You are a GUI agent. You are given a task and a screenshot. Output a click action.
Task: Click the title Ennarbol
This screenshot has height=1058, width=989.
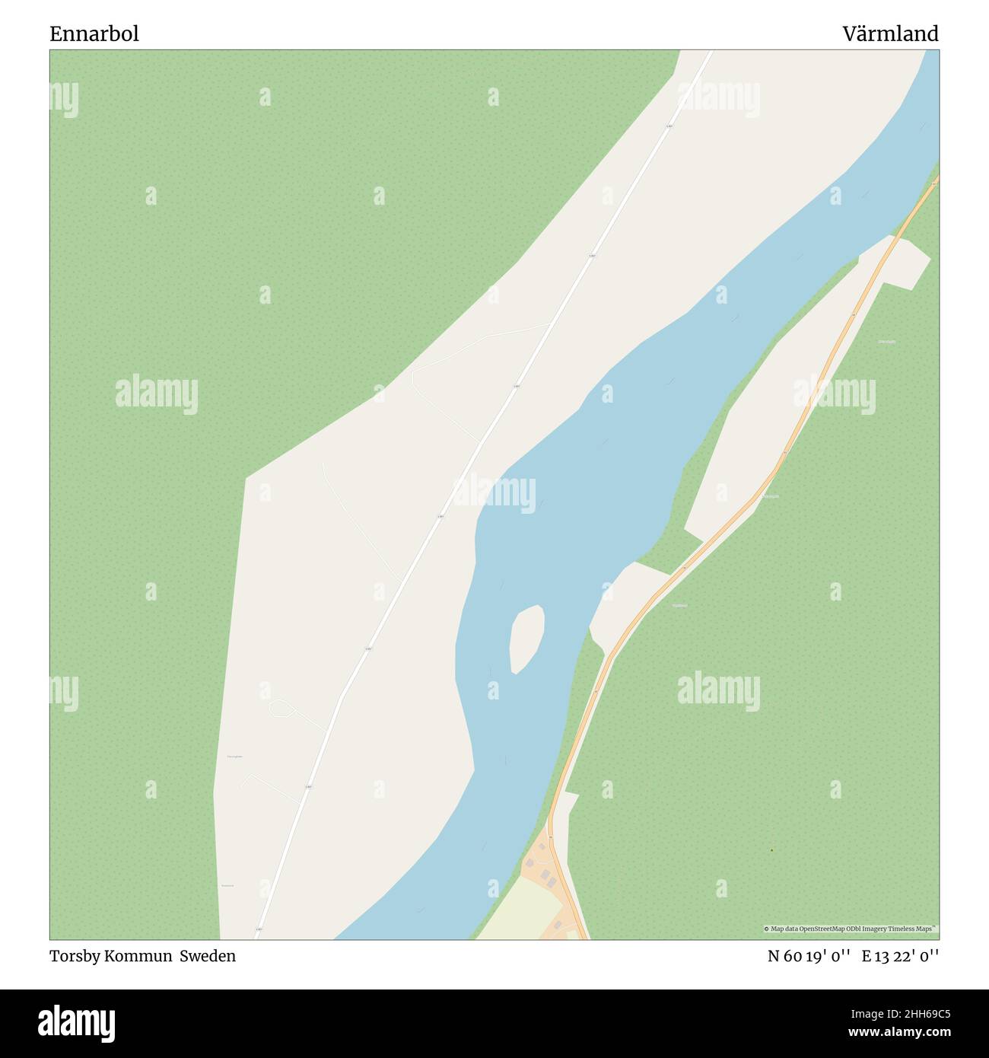(x=94, y=33)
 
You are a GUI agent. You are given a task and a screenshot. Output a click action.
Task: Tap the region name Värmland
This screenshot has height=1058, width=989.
(x=890, y=33)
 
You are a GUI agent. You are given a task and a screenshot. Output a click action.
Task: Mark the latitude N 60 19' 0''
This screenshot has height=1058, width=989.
(x=808, y=956)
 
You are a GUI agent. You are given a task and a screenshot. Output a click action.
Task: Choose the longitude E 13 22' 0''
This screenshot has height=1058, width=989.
(x=900, y=956)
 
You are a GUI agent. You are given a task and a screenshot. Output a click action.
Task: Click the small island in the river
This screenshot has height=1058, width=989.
(x=526, y=638)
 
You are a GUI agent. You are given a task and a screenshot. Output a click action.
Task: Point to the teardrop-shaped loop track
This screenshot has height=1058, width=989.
(x=281, y=708)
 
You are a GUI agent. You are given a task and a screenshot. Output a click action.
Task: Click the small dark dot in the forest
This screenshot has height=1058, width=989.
(x=771, y=849)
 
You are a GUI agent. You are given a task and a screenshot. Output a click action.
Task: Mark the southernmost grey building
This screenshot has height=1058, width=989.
(x=558, y=924)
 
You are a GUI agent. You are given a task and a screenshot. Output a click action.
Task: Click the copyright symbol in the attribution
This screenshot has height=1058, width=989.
(x=766, y=929)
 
